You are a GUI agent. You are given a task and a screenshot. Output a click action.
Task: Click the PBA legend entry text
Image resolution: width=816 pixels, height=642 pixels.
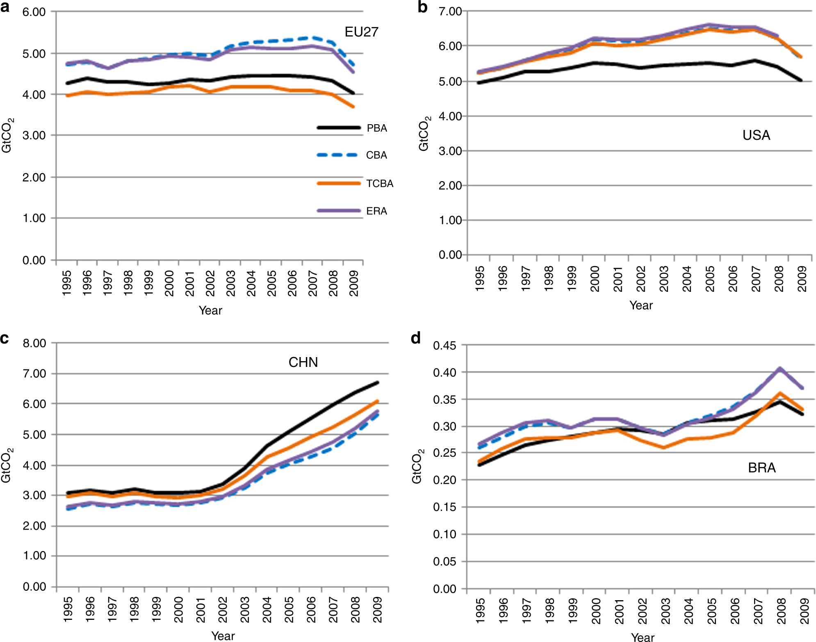point(376,128)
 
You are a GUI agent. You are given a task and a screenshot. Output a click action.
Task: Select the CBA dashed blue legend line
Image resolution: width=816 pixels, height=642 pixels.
point(338,155)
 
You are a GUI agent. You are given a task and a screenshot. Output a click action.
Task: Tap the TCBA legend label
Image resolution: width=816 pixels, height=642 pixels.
point(380,183)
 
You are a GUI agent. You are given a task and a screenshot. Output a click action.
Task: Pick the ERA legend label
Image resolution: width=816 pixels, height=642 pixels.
point(376,211)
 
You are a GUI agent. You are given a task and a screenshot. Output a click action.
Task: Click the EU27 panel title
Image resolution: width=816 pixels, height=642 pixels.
point(361,32)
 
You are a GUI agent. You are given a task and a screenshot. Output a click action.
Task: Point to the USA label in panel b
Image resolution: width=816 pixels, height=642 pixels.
point(756,135)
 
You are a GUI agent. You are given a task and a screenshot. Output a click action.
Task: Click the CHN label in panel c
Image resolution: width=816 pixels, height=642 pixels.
point(303,362)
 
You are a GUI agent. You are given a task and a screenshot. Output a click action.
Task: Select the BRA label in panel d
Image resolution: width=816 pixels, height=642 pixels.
point(761,467)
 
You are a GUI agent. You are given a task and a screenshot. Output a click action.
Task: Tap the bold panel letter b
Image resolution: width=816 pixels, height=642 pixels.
point(422,7)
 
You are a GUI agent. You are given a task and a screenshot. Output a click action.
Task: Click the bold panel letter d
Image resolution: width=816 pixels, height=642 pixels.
point(415,338)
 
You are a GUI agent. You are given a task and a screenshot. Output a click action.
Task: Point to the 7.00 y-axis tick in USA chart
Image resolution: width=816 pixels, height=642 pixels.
point(450,11)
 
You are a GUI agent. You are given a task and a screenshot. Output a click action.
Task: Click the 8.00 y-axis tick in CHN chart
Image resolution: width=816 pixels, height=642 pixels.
point(34,343)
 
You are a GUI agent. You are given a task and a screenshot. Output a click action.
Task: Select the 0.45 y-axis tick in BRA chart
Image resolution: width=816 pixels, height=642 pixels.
point(444,346)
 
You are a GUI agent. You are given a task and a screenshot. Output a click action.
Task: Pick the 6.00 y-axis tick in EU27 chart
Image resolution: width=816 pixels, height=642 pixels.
point(34,12)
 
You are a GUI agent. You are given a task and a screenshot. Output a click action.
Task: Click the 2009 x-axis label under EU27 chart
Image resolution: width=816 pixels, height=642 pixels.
point(354,283)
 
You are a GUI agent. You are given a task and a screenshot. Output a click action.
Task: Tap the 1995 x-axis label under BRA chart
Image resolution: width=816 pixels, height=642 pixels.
point(480,610)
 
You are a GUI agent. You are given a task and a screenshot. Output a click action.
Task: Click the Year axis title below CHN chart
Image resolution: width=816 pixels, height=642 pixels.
point(223,635)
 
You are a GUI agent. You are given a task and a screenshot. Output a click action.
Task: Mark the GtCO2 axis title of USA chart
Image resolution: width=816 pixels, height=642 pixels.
point(424,134)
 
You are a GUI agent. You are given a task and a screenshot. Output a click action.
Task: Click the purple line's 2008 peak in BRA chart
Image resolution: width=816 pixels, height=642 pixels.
point(779,368)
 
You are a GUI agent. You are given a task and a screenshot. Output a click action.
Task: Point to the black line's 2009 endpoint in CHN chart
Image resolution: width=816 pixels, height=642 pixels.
point(378,382)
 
